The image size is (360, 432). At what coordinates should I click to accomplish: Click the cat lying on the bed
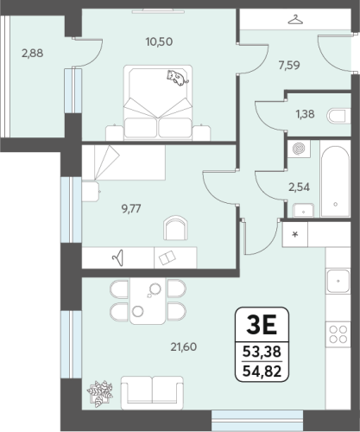pyautogui.click(x=178, y=78)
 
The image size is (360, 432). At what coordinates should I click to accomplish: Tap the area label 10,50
pyautogui.click(x=159, y=41)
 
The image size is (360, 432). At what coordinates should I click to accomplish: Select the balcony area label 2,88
pyautogui.click(x=33, y=54)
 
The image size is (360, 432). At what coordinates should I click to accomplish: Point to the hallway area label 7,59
pyautogui.click(x=289, y=66)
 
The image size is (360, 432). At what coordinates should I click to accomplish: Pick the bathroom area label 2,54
pyautogui.click(x=300, y=187)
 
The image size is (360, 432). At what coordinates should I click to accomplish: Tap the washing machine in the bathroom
pyautogui.click(x=299, y=149)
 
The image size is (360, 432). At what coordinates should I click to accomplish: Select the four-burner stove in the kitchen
pyautogui.click(x=338, y=334)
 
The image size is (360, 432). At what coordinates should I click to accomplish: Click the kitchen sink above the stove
pyautogui.click(x=338, y=281)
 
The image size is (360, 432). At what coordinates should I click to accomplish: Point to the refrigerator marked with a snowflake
pyautogui.click(x=295, y=234)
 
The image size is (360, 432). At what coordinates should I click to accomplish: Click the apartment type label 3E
pyautogui.click(x=262, y=325)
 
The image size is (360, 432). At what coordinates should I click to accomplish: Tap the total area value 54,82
pyautogui.click(x=262, y=372)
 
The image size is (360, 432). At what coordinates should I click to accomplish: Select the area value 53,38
pyautogui.click(x=262, y=352)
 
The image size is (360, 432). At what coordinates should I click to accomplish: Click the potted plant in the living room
pyautogui.click(x=100, y=394)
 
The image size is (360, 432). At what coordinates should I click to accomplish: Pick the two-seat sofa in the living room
pyautogui.click(x=152, y=392)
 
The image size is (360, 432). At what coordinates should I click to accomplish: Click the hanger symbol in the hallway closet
pyautogui.click(x=296, y=20)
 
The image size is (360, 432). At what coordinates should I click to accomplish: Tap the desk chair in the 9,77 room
pyautogui.click(x=175, y=228)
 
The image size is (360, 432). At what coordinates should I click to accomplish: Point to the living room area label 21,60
pyautogui.click(x=184, y=347)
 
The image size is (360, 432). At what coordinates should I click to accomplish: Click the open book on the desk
pyautogui.click(x=167, y=257)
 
